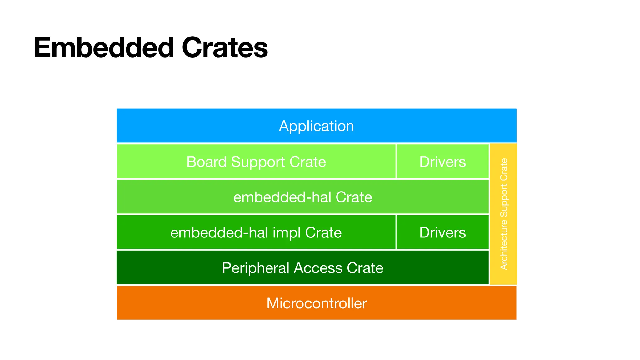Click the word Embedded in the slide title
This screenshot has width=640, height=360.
(x=103, y=47)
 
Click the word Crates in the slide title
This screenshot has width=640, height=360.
(x=225, y=47)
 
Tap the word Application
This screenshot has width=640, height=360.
(x=316, y=126)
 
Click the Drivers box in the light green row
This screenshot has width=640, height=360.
(x=442, y=162)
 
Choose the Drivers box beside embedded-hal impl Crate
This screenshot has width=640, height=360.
(x=442, y=232)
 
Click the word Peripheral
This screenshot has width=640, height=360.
(x=255, y=268)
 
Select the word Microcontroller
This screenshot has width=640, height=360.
(x=316, y=303)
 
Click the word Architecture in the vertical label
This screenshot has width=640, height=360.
(x=504, y=245)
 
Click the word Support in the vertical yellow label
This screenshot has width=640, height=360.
(x=504, y=201)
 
